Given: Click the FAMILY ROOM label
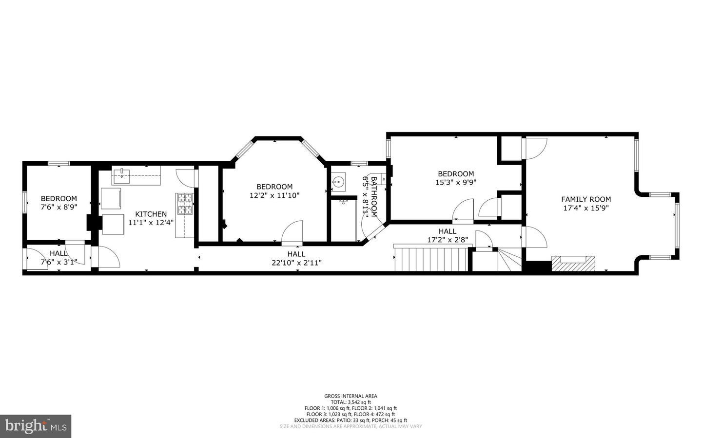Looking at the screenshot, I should (x=585, y=199).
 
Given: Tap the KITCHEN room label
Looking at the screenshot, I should (x=151, y=214).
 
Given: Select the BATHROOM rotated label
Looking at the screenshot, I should (x=374, y=196).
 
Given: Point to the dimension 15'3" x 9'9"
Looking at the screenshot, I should (x=455, y=182).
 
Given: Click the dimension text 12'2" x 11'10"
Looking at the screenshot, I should (x=274, y=195).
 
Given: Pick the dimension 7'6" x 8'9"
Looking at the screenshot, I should (x=58, y=207).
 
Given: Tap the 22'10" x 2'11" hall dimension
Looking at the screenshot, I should (x=296, y=262).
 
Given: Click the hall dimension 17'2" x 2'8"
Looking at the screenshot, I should (x=447, y=239).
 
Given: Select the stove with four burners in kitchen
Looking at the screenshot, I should (x=185, y=204).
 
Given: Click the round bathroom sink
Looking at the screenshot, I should (x=338, y=182).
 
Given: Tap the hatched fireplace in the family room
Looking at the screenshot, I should (x=573, y=263).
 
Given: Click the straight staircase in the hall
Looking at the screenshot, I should (x=429, y=258).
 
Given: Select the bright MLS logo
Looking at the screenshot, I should (x=36, y=426).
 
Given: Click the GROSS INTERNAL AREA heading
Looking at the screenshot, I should (x=351, y=396).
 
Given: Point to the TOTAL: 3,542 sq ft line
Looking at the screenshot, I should (x=351, y=402).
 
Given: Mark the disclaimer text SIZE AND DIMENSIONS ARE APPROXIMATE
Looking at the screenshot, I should (x=351, y=426).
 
